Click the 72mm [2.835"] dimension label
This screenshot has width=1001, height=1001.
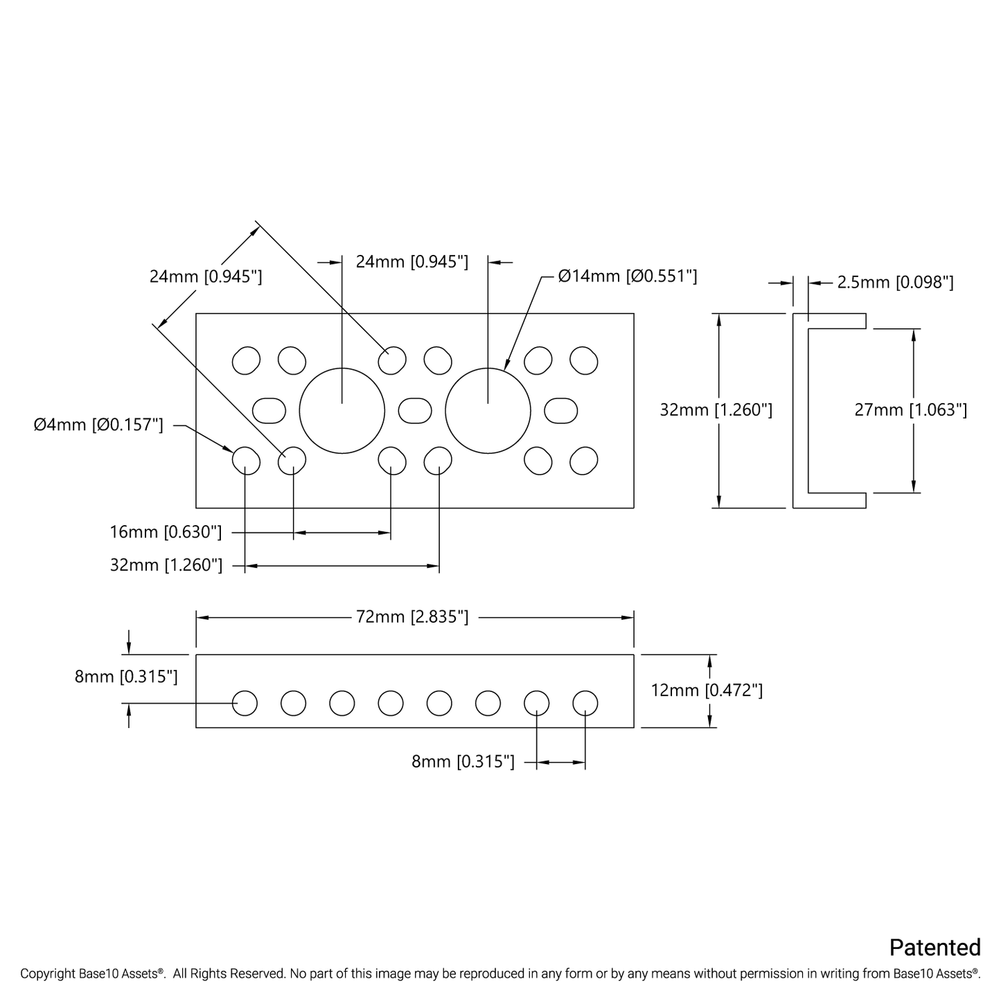[x=412, y=617]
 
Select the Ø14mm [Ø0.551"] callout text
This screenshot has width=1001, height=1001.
[x=628, y=276]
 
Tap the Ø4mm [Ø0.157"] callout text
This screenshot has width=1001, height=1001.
[x=98, y=425]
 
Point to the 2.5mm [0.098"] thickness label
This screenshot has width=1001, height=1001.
[x=895, y=283]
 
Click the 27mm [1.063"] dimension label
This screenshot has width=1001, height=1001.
[x=910, y=409]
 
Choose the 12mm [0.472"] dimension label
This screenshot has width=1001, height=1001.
[x=707, y=690]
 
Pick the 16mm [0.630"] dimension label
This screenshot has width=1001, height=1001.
[x=166, y=532]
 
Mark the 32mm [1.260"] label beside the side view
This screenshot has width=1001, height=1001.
[x=716, y=409]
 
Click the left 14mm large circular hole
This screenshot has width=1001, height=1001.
[x=342, y=411]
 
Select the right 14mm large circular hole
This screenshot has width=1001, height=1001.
[x=488, y=411]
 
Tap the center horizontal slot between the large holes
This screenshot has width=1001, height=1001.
[x=415, y=411]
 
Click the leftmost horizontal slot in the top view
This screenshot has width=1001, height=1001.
[x=269, y=411]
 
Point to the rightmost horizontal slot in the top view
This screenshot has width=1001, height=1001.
[x=561, y=411]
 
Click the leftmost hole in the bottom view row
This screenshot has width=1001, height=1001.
[x=245, y=702]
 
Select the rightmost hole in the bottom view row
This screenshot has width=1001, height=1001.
[x=585, y=702]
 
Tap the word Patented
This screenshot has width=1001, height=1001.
[x=934, y=948]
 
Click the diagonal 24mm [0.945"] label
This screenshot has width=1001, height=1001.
[x=206, y=277]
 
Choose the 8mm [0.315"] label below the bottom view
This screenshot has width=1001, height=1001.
[x=463, y=762]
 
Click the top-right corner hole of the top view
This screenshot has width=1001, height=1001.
[x=584, y=360]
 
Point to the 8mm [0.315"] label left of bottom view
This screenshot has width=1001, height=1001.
[x=126, y=676]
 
